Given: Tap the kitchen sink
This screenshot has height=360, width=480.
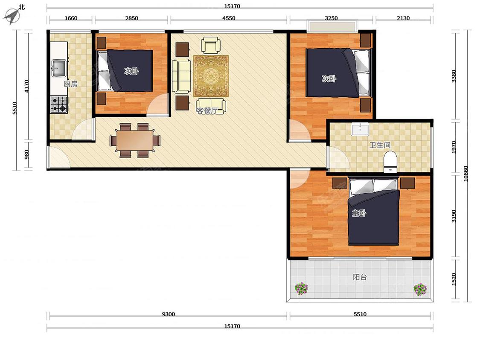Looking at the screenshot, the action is tap(59, 68).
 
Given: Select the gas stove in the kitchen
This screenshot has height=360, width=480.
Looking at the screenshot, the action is tap(59, 105).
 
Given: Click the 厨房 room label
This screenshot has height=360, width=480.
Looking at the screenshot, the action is tap(71, 84).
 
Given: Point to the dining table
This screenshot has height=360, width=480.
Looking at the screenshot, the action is tap(135, 140).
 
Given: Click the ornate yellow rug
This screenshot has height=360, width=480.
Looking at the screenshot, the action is tap(211, 76).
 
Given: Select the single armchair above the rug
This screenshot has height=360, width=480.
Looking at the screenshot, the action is tap(211, 45).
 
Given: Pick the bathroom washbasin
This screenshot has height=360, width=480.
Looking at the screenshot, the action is tap(361, 129).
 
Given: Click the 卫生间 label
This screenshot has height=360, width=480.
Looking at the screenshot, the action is tap(380, 145).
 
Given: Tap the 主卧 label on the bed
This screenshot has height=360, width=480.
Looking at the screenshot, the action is tap(359, 213).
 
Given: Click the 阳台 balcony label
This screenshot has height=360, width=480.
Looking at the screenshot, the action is tap(360, 277).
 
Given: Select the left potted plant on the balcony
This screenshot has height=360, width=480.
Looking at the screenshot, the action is tap(301, 288).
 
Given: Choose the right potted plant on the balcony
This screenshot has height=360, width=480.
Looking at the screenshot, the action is tap(420, 289).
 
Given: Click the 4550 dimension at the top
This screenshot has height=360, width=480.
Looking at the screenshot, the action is tap(229, 18).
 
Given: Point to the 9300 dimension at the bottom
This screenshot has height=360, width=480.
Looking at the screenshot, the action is tap(169, 314).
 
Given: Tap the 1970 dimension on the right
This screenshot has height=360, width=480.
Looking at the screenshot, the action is tap(454, 147).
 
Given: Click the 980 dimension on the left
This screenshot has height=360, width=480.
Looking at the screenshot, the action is tap(26, 154).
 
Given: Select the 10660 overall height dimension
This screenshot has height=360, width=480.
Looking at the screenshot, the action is tap(465, 174).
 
